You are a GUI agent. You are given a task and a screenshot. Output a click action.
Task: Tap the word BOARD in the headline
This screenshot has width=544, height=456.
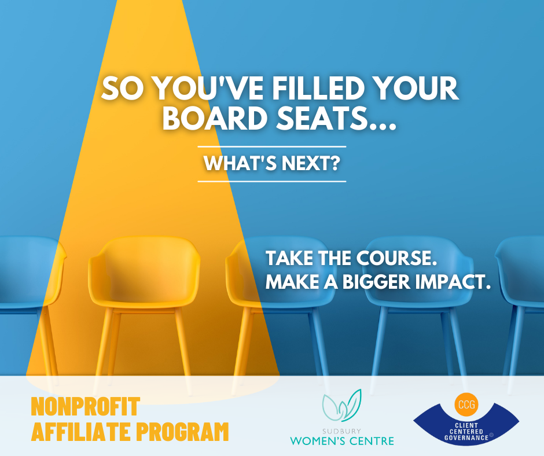(x=215, y=118)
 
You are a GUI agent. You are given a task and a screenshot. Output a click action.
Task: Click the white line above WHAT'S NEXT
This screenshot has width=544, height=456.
(x=272, y=147)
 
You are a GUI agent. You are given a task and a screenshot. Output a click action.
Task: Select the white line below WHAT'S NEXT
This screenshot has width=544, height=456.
(x=272, y=181)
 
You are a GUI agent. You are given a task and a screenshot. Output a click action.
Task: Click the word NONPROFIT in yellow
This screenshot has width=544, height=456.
(x=85, y=406)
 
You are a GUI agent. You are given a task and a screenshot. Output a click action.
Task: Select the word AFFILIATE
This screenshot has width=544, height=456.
(x=82, y=431)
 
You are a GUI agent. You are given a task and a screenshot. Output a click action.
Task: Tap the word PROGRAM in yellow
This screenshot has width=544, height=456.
(x=182, y=431)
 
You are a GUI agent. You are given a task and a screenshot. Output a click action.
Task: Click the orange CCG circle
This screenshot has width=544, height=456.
(x=466, y=404)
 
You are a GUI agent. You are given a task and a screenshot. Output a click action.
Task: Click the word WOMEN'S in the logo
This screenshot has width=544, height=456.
(x=317, y=441)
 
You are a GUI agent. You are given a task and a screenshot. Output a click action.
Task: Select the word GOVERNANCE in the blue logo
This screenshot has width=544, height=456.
(x=466, y=438)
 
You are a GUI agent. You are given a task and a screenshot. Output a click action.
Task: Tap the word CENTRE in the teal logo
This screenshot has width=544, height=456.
(x=371, y=441)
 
